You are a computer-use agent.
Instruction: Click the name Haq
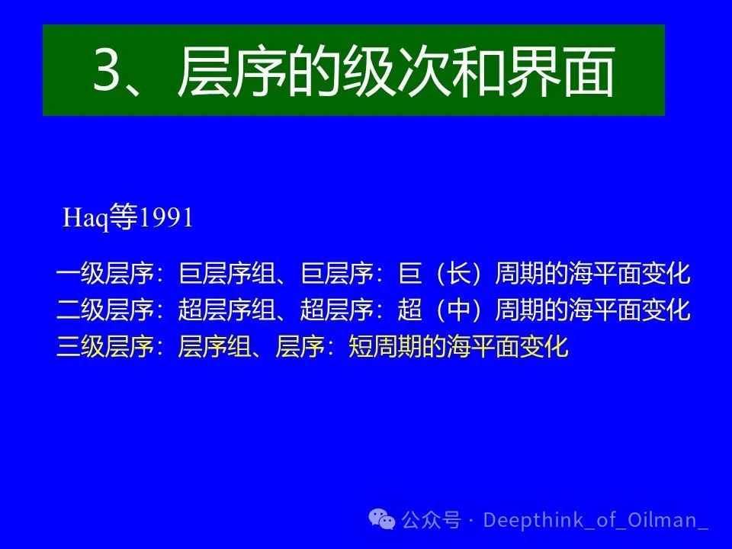86,217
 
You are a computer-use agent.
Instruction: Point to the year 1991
166,218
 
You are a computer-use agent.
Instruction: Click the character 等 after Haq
124,217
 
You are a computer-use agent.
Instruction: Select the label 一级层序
105,274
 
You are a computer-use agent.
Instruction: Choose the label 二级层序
105,310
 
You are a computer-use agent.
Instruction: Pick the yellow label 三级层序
105,346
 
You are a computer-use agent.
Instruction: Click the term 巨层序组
227,274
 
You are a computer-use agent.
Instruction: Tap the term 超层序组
227,310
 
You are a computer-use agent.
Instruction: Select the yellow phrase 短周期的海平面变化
458,346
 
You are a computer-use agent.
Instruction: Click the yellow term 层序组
215,346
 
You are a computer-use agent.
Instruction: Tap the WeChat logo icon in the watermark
382,519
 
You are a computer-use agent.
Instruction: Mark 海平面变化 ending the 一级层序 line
630,274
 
